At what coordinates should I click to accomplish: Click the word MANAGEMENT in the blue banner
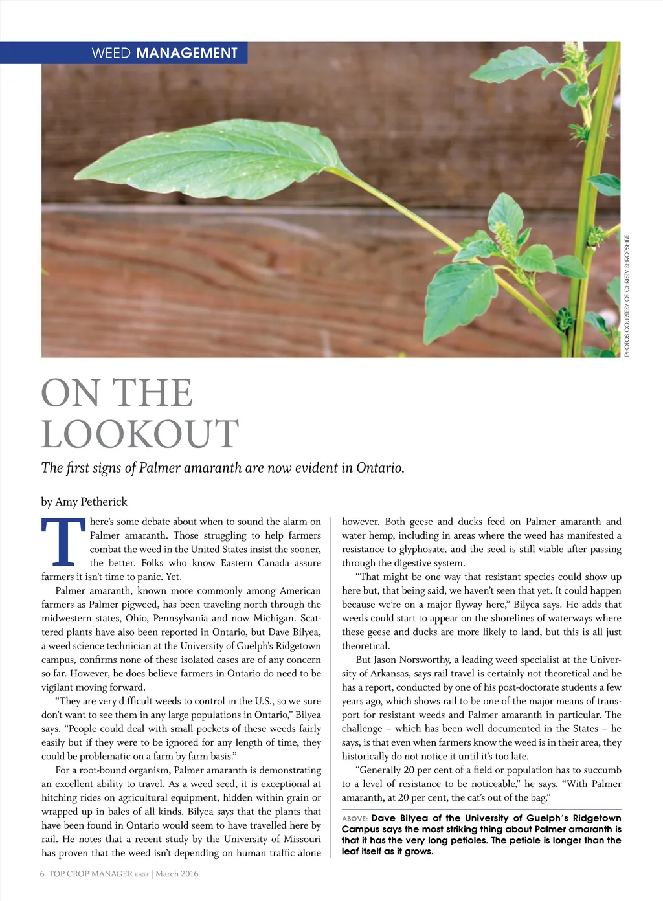(x=187, y=53)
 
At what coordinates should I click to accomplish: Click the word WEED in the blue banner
(x=111, y=53)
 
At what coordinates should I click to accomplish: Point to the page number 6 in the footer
(x=42, y=874)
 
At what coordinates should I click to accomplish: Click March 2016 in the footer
(x=177, y=874)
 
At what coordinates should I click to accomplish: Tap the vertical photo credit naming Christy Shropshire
(x=627, y=293)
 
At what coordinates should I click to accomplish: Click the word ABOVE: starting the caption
(x=355, y=819)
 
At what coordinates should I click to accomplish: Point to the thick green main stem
(x=586, y=214)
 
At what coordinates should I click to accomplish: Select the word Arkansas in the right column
(x=388, y=673)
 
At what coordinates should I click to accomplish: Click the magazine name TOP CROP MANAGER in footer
(x=90, y=874)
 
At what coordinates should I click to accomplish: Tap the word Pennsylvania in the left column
(x=181, y=618)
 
